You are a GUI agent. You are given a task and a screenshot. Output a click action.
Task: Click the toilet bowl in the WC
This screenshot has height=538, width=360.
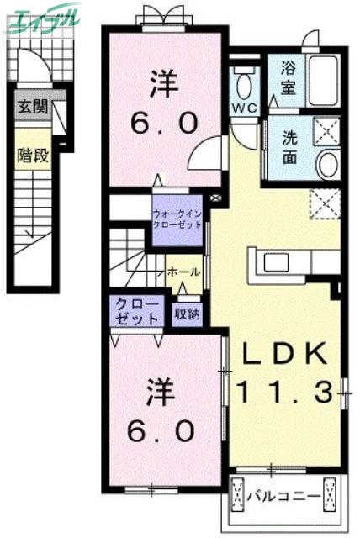tap(246, 85)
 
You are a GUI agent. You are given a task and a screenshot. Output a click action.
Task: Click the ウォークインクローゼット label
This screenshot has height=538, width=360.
tap(178, 219)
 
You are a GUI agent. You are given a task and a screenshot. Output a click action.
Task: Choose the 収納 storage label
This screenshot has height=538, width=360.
tap(187, 314)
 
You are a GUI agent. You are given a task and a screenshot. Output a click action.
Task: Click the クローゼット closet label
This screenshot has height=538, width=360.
tap(134, 311)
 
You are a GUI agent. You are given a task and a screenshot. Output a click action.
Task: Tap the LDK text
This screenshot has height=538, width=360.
tap(283, 355)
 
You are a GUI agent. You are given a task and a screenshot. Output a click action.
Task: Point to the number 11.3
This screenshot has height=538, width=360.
tap(283, 390)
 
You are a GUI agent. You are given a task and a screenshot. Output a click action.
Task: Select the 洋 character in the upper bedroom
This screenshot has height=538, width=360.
tap(164, 83)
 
